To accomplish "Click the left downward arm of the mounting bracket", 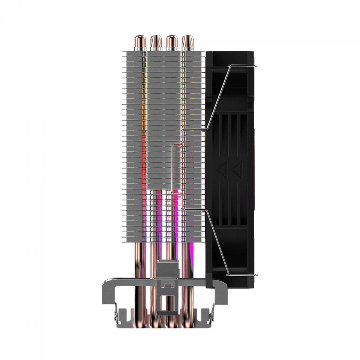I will pyautogui.click(x=107, y=291).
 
